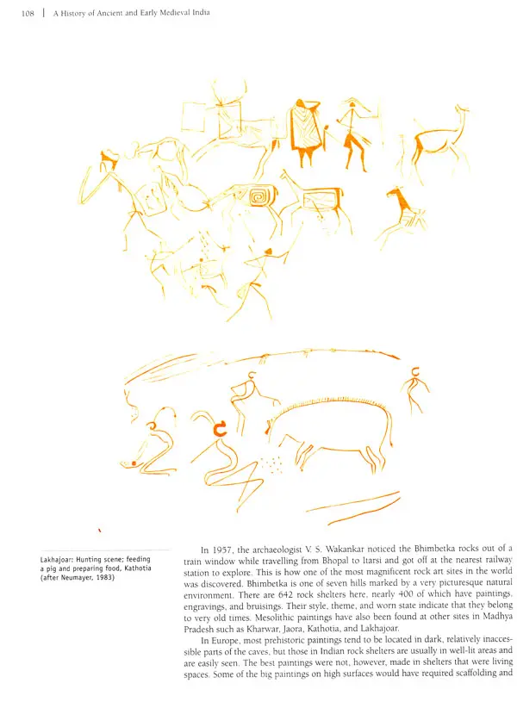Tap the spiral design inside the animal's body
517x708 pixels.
pyautogui.click(x=256, y=199)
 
